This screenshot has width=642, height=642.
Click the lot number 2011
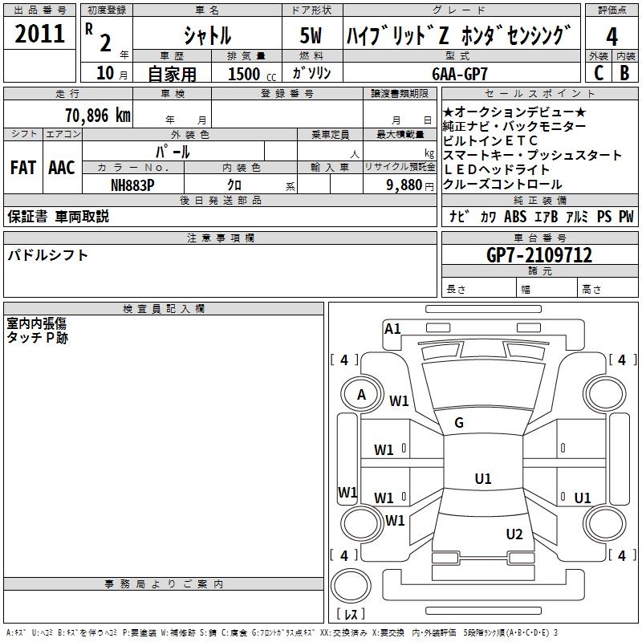coord(39,34)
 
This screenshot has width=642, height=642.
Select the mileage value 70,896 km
coord(98,116)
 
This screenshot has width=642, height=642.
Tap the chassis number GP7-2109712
coord(538,255)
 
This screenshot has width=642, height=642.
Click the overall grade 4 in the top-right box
coord(612,37)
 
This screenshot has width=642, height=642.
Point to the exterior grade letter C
coord(599,73)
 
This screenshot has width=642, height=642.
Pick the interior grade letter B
coord(625,73)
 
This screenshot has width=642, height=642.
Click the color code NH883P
coord(132,185)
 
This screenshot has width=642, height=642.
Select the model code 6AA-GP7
coord(460,74)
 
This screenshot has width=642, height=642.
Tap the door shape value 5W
coord(311,35)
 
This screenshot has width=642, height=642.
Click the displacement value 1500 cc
coord(252,74)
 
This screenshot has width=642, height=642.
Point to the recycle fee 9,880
coord(404,185)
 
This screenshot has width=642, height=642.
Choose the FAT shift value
coord(23,168)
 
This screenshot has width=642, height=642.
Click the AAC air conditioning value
coord(62,168)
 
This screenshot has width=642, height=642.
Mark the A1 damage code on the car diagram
coord(392,329)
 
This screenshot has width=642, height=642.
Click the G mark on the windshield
coord(459,423)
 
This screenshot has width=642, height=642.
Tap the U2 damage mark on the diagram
coord(514,534)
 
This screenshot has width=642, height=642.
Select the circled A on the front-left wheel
coord(361,395)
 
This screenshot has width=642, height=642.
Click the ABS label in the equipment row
coord(515,217)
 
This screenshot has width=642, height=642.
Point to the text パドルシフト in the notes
coord(47,255)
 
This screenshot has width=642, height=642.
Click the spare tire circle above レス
coord(351,586)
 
